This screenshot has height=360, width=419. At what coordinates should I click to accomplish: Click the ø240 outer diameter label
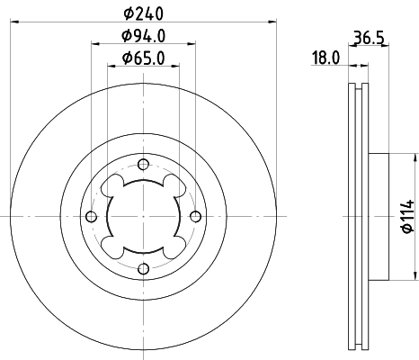(x=144, y=13)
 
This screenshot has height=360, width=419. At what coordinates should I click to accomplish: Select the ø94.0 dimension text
(x=144, y=37)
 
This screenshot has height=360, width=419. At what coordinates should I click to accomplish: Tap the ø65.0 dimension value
(x=144, y=61)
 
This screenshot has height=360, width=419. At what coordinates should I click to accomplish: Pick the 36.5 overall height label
(x=363, y=38)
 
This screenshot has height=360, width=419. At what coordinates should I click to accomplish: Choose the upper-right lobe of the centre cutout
(x=174, y=186)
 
